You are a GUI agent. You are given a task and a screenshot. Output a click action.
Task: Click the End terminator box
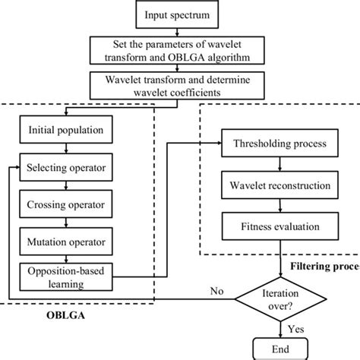[283, 349]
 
